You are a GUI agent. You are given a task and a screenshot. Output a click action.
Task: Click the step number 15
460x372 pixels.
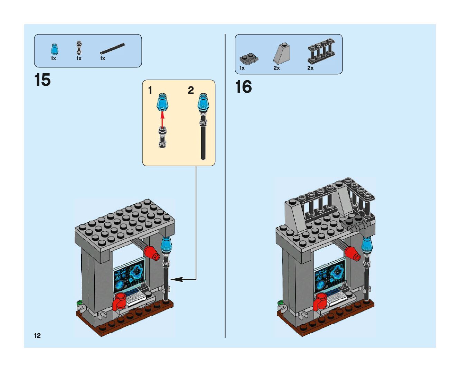(x=43, y=80)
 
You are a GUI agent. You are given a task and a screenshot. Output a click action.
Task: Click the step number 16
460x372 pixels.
(x=243, y=87)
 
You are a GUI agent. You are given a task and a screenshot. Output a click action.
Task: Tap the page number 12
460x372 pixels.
(x=37, y=335)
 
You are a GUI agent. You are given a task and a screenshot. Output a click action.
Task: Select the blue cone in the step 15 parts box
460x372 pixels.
(x=54, y=49)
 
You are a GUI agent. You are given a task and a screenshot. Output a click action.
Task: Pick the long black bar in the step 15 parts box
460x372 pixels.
(x=112, y=48)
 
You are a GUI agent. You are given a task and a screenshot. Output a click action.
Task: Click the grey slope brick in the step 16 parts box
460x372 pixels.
(x=282, y=54)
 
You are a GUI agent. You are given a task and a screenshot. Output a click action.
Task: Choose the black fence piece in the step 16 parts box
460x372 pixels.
(x=321, y=51)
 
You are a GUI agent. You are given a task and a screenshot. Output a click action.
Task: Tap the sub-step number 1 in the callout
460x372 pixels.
(x=150, y=91)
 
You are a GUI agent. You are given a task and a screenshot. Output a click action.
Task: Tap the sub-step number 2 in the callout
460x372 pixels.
(x=191, y=91)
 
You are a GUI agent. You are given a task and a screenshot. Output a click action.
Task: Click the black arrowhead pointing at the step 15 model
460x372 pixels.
(x=176, y=279)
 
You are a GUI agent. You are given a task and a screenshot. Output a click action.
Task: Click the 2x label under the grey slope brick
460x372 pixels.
(x=276, y=68)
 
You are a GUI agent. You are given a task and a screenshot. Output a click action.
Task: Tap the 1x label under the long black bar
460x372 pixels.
(x=103, y=58)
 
